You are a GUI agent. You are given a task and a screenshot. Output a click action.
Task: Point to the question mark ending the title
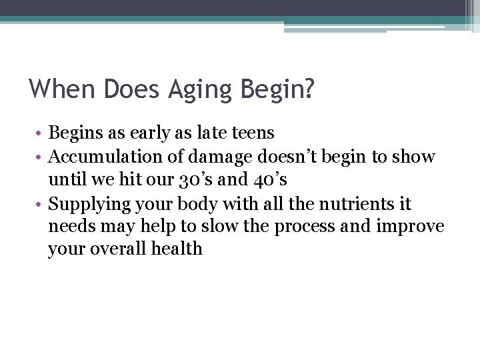coord(307,89)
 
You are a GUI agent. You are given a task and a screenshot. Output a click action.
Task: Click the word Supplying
coord(88,203)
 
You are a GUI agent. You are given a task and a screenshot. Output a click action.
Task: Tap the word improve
coord(409,227)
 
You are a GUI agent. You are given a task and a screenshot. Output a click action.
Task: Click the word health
coord(178,249)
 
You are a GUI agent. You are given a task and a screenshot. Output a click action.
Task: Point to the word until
coord(65,180)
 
